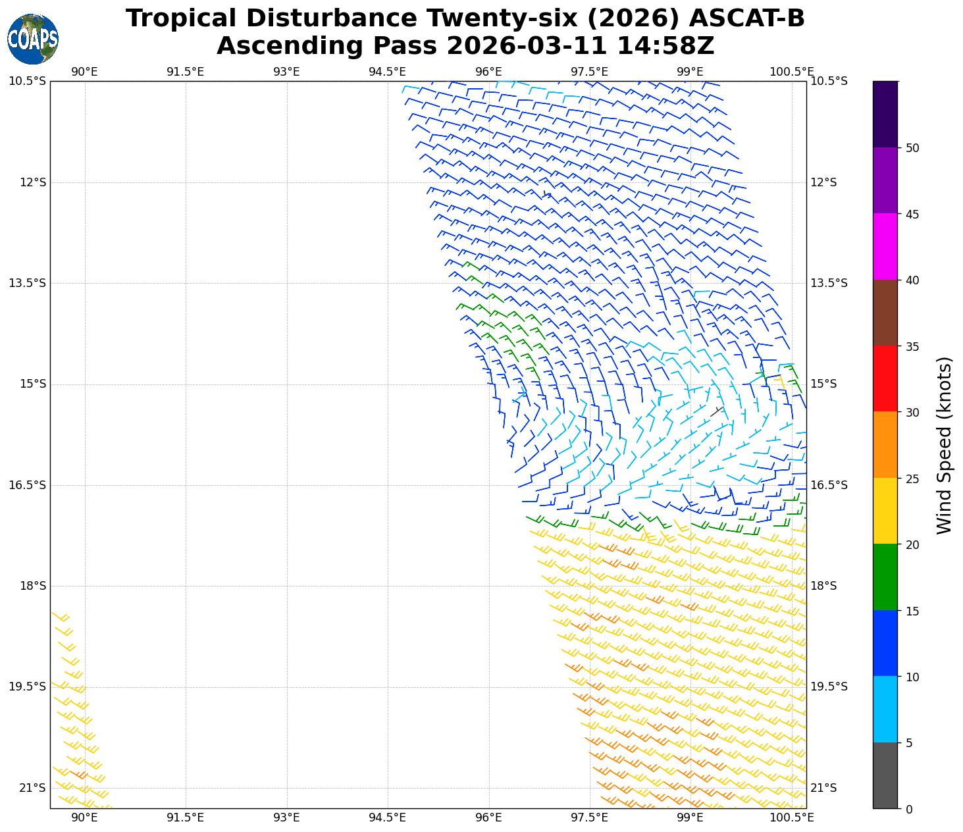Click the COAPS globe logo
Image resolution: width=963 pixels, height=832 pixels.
(32, 39)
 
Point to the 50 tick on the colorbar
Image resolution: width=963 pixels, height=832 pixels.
(912, 148)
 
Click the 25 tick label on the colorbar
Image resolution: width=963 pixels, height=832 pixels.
(912, 479)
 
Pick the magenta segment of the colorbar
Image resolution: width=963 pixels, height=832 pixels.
(885, 246)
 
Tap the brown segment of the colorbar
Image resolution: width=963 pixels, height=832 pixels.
(885, 313)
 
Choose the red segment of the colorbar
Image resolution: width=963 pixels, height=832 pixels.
(885, 378)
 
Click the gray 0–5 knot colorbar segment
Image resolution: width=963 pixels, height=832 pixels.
(885, 775)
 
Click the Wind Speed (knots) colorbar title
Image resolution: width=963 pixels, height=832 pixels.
(944, 445)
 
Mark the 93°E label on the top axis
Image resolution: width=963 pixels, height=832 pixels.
(286, 72)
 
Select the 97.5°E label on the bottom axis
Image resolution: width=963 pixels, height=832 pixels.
(589, 818)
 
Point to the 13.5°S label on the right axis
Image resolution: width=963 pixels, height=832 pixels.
(828, 283)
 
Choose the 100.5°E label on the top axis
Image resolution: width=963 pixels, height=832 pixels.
(791, 72)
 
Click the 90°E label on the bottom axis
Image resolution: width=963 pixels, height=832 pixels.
(84, 818)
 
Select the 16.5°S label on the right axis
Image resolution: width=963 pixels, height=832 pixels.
(828, 485)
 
